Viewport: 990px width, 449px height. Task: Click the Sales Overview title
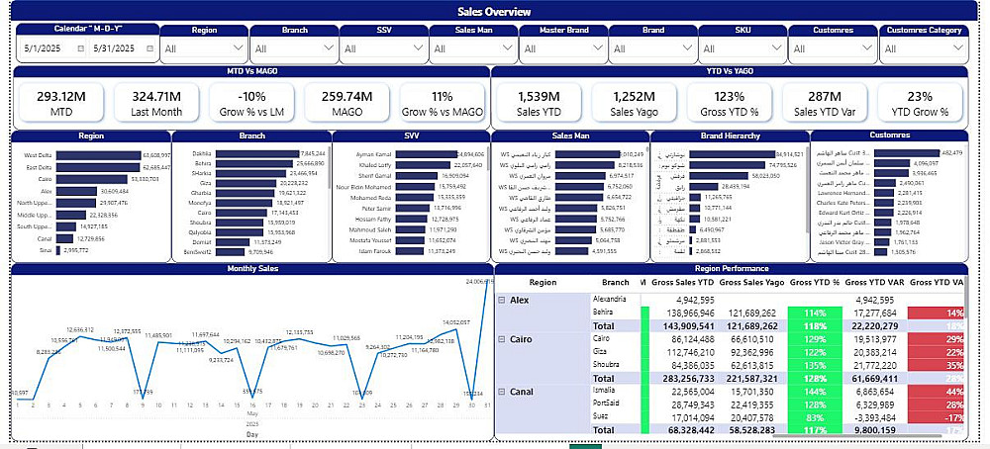click(494, 12)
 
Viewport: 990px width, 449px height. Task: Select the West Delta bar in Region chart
click(98, 155)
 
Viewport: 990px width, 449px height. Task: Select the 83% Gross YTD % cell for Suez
click(814, 417)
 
